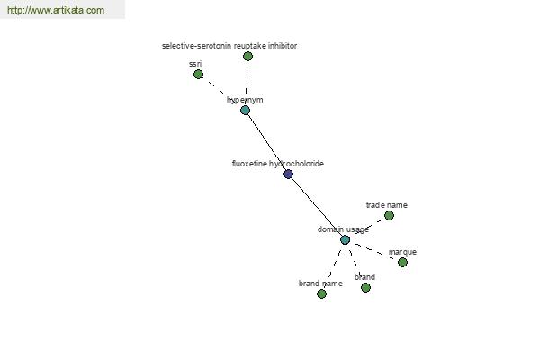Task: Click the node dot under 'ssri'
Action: point(198,74)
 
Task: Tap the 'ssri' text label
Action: point(195,64)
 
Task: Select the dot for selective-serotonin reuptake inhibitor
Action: point(247,56)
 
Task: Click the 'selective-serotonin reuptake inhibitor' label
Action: point(229,45)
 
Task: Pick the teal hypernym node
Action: point(245,110)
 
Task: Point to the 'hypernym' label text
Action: point(245,100)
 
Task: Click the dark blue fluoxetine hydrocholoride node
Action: point(288,174)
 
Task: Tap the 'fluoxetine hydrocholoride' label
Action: point(278,164)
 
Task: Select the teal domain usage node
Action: point(345,239)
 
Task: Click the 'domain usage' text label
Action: point(343,229)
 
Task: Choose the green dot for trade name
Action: point(389,215)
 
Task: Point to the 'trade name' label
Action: point(386,205)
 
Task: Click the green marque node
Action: point(402,262)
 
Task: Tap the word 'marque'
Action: point(402,252)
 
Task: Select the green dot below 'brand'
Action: point(365,287)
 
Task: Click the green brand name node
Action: point(321,293)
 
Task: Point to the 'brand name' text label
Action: point(320,283)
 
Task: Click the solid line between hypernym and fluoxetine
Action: point(266,142)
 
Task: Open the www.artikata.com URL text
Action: point(55,11)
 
